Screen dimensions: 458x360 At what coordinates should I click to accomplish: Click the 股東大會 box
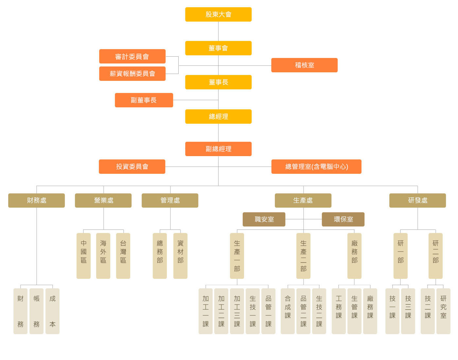click(x=218, y=14)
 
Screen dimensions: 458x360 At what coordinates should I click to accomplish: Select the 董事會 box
click(x=218, y=48)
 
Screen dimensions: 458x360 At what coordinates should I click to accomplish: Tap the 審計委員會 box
click(x=132, y=56)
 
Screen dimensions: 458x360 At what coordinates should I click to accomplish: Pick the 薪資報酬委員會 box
click(x=132, y=74)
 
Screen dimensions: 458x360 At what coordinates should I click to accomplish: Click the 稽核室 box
click(x=304, y=65)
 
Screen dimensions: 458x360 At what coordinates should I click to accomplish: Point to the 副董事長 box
click(x=144, y=100)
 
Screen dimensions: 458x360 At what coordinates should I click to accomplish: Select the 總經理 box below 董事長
click(x=218, y=117)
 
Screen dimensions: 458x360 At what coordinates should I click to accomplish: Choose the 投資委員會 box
click(x=132, y=167)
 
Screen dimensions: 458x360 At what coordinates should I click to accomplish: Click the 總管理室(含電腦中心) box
click(x=316, y=167)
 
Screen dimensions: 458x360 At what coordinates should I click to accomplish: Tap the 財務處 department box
click(x=36, y=200)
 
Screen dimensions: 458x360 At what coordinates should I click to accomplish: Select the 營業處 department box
click(x=103, y=200)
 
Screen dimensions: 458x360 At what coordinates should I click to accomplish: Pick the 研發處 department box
click(x=417, y=200)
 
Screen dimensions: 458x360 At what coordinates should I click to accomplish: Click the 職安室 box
click(x=264, y=219)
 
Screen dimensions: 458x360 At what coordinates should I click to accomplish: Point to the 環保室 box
click(x=343, y=219)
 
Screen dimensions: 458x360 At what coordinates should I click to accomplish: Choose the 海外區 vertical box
click(x=103, y=256)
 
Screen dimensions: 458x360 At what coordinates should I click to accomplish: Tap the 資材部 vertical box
click(x=180, y=256)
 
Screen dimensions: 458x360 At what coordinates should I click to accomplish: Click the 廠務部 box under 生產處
click(x=354, y=256)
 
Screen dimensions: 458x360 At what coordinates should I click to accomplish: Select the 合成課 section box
click(x=288, y=311)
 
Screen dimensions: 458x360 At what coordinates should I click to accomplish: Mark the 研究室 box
click(x=443, y=311)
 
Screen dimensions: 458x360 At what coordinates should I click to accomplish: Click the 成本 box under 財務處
click(x=52, y=311)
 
